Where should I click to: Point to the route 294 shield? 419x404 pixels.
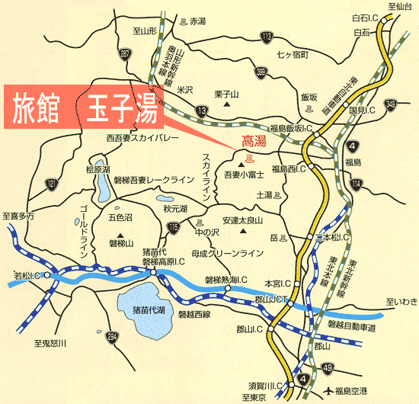coord(113,336)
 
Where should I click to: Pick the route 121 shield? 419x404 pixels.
coord(52,184)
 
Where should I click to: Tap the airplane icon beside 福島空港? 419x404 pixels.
coord(328,391)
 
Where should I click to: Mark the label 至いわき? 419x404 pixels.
coord(401,302)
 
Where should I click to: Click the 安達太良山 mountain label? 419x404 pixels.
coord(244,220)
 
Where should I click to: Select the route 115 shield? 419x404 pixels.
coord(174,226)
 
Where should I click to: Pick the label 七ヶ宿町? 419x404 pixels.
coord(293,56)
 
